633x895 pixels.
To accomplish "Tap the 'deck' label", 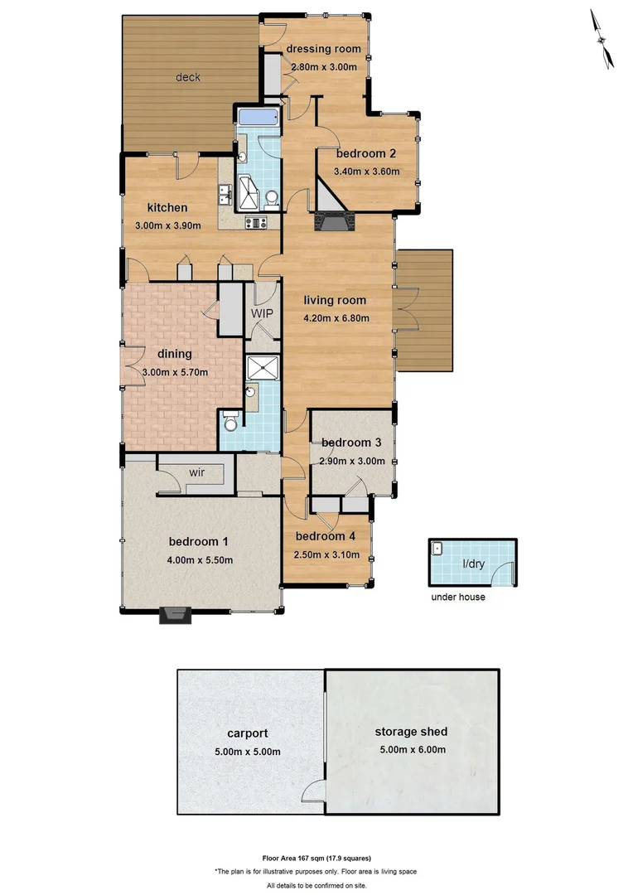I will point(188,77).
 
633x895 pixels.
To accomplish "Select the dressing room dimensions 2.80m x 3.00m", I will point(322,67).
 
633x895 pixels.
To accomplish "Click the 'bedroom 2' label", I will point(365,153).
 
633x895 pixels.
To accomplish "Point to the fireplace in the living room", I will point(333,220).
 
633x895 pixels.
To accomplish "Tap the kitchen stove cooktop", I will point(255,221).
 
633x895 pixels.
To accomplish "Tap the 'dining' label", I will point(174,354).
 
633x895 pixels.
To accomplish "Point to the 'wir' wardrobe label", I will point(196,472).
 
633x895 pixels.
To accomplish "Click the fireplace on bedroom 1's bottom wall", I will point(176,614).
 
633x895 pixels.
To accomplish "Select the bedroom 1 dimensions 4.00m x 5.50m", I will point(199,559).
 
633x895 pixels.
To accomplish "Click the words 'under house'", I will point(457,597).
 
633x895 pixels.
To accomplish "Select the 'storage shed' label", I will point(411,731).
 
